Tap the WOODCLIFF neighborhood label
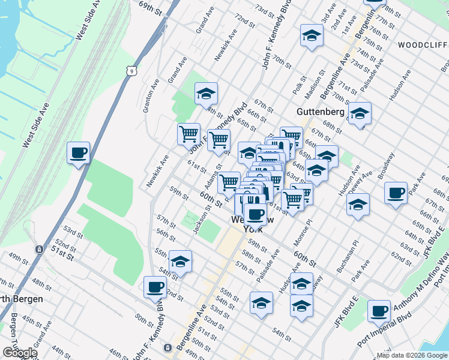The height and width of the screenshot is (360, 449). point(421,45)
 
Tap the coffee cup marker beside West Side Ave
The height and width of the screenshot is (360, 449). point(78,153)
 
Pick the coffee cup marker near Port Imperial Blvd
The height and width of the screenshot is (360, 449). point(379,311)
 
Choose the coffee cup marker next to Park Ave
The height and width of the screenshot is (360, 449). point(396,193)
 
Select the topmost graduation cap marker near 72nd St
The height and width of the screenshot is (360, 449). point(312,35)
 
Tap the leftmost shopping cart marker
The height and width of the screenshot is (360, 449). point(189,134)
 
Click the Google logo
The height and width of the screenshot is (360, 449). point(20,353)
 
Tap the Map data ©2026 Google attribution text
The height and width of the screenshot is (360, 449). point(411,355)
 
